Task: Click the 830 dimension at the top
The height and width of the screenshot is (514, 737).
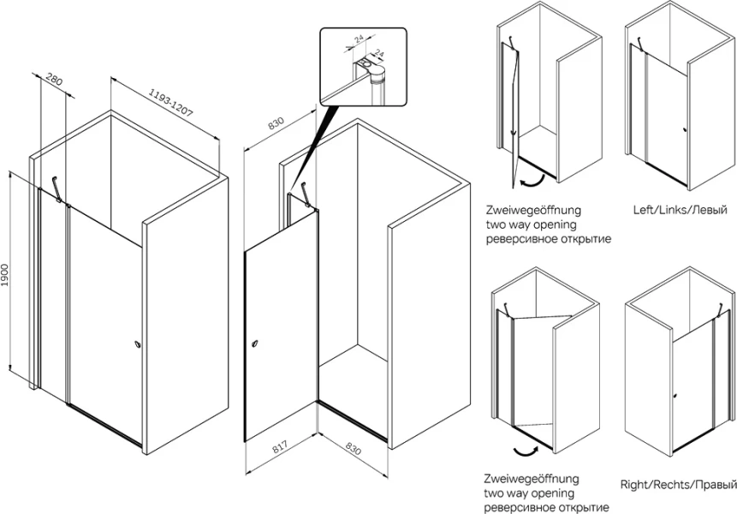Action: (x=276, y=123)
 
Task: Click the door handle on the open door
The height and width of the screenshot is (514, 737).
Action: (x=254, y=344)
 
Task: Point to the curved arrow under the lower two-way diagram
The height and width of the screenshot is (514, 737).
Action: (x=524, y=450)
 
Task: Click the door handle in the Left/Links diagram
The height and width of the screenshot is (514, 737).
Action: (x=685, y=130)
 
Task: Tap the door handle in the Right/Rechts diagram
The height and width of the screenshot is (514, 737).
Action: (x=675, y=396)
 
